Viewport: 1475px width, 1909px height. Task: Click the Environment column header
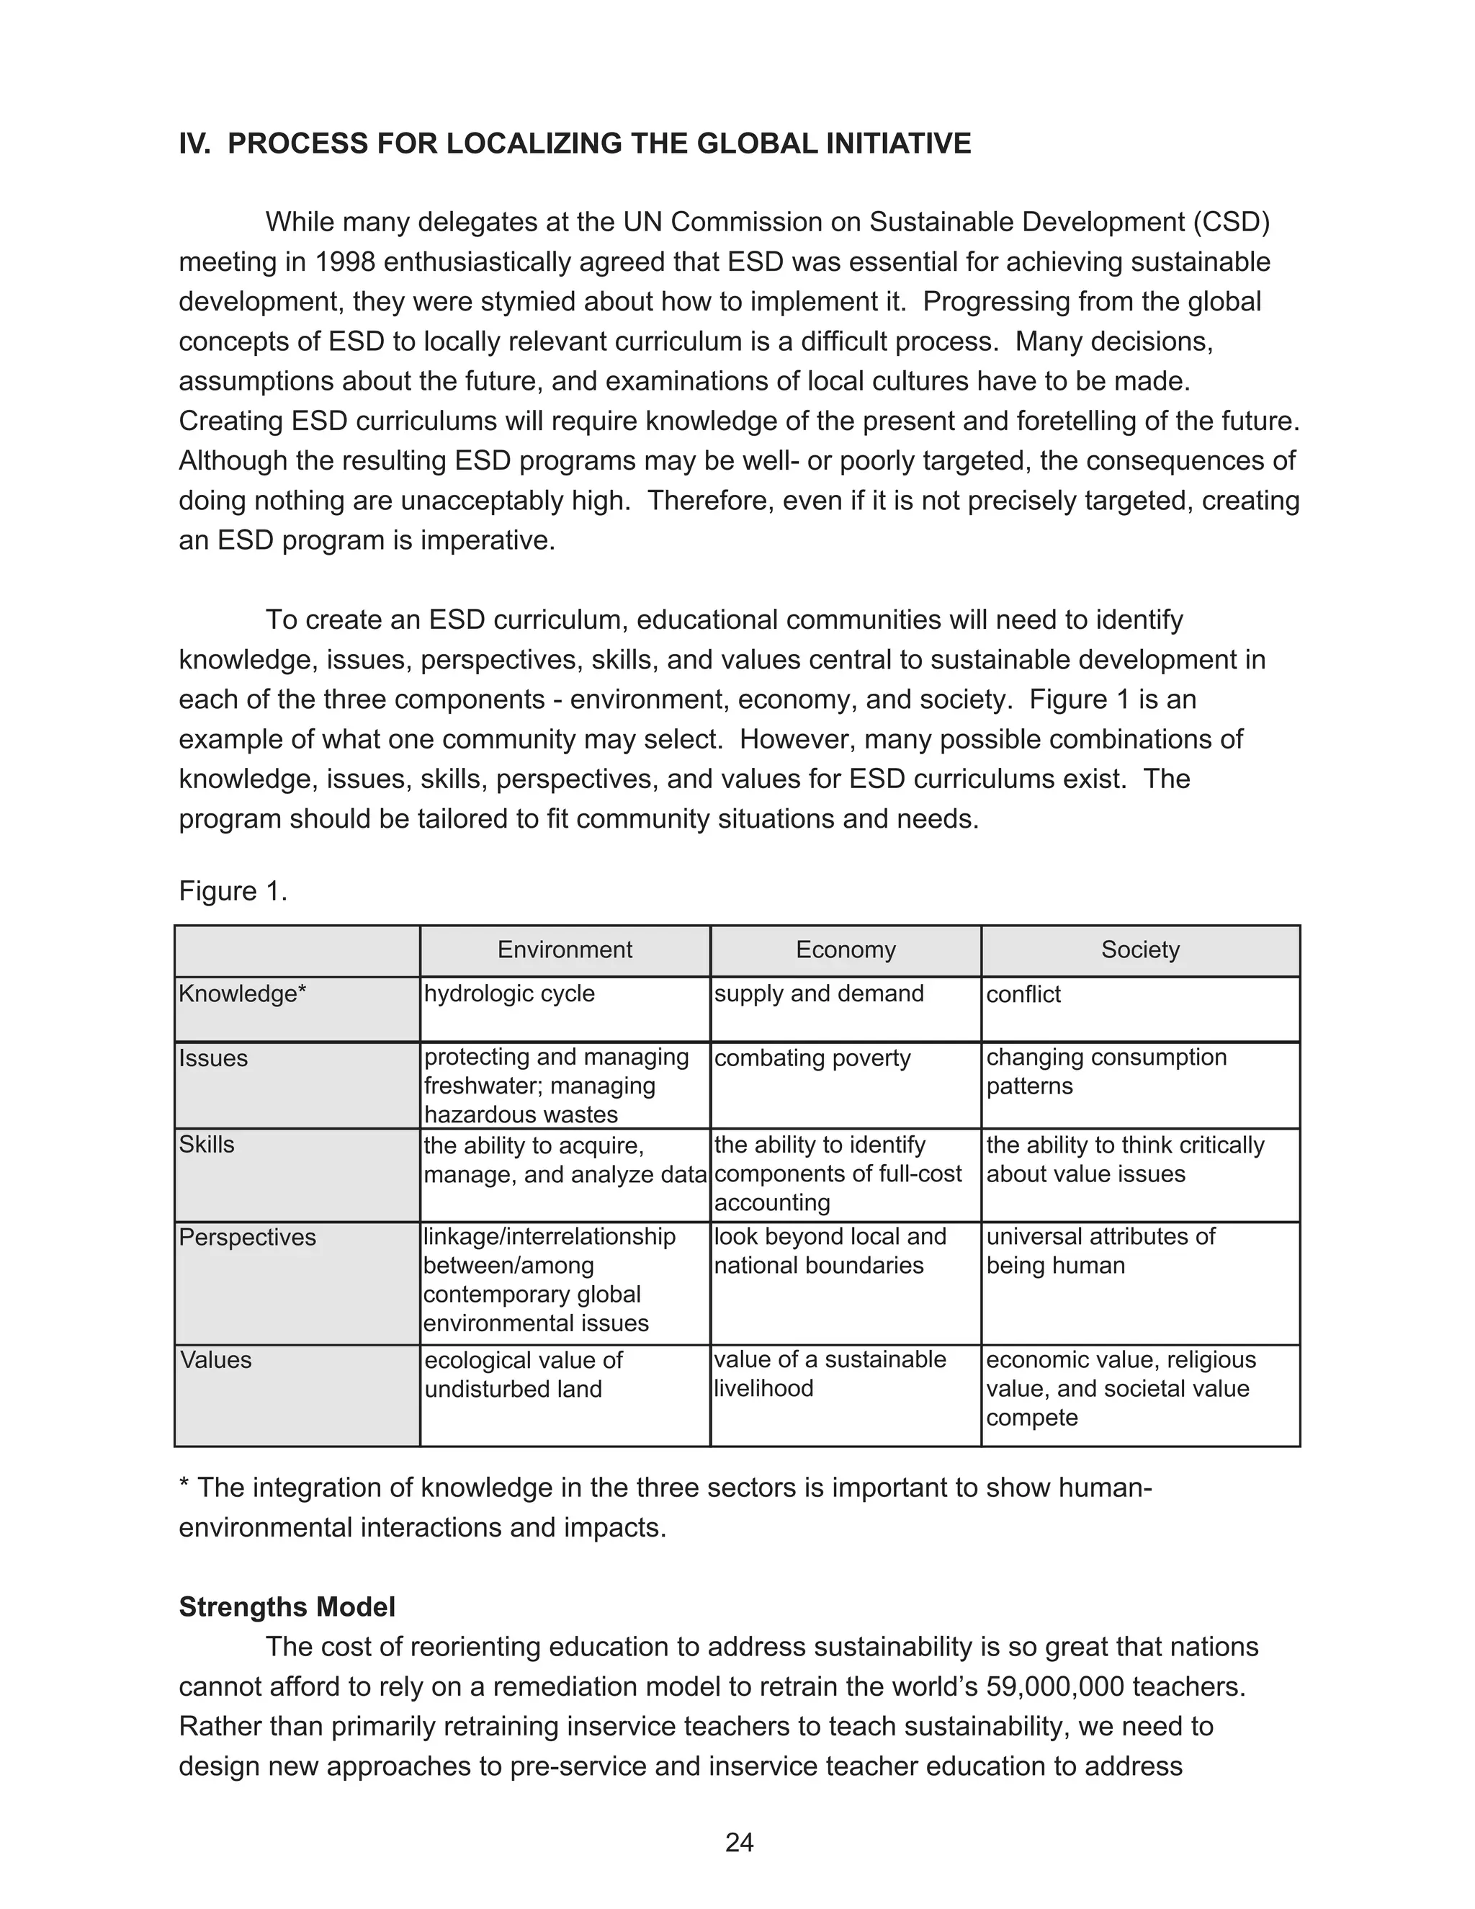tap(565, 949)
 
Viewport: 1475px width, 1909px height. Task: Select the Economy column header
tap(845, 949)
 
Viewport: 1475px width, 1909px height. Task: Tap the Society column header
tap(1139, 949)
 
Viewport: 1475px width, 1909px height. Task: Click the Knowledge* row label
tap(242, 994)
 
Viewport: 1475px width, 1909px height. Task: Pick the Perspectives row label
tap(247, 1237)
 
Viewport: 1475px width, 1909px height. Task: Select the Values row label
tap(216, 1359)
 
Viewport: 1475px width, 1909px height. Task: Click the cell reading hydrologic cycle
tap(508, 994)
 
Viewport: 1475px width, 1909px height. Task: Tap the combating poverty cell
tap(812, 1058)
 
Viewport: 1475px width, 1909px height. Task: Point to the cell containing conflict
tap(1023, 995)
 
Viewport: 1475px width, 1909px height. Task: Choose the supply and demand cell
tap(819, 994)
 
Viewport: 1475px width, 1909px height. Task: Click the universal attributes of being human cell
tap(1100, 1251)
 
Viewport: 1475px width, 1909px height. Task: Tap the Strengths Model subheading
tap(287, 1606)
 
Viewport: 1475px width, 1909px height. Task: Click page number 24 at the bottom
tap(739, 1843)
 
